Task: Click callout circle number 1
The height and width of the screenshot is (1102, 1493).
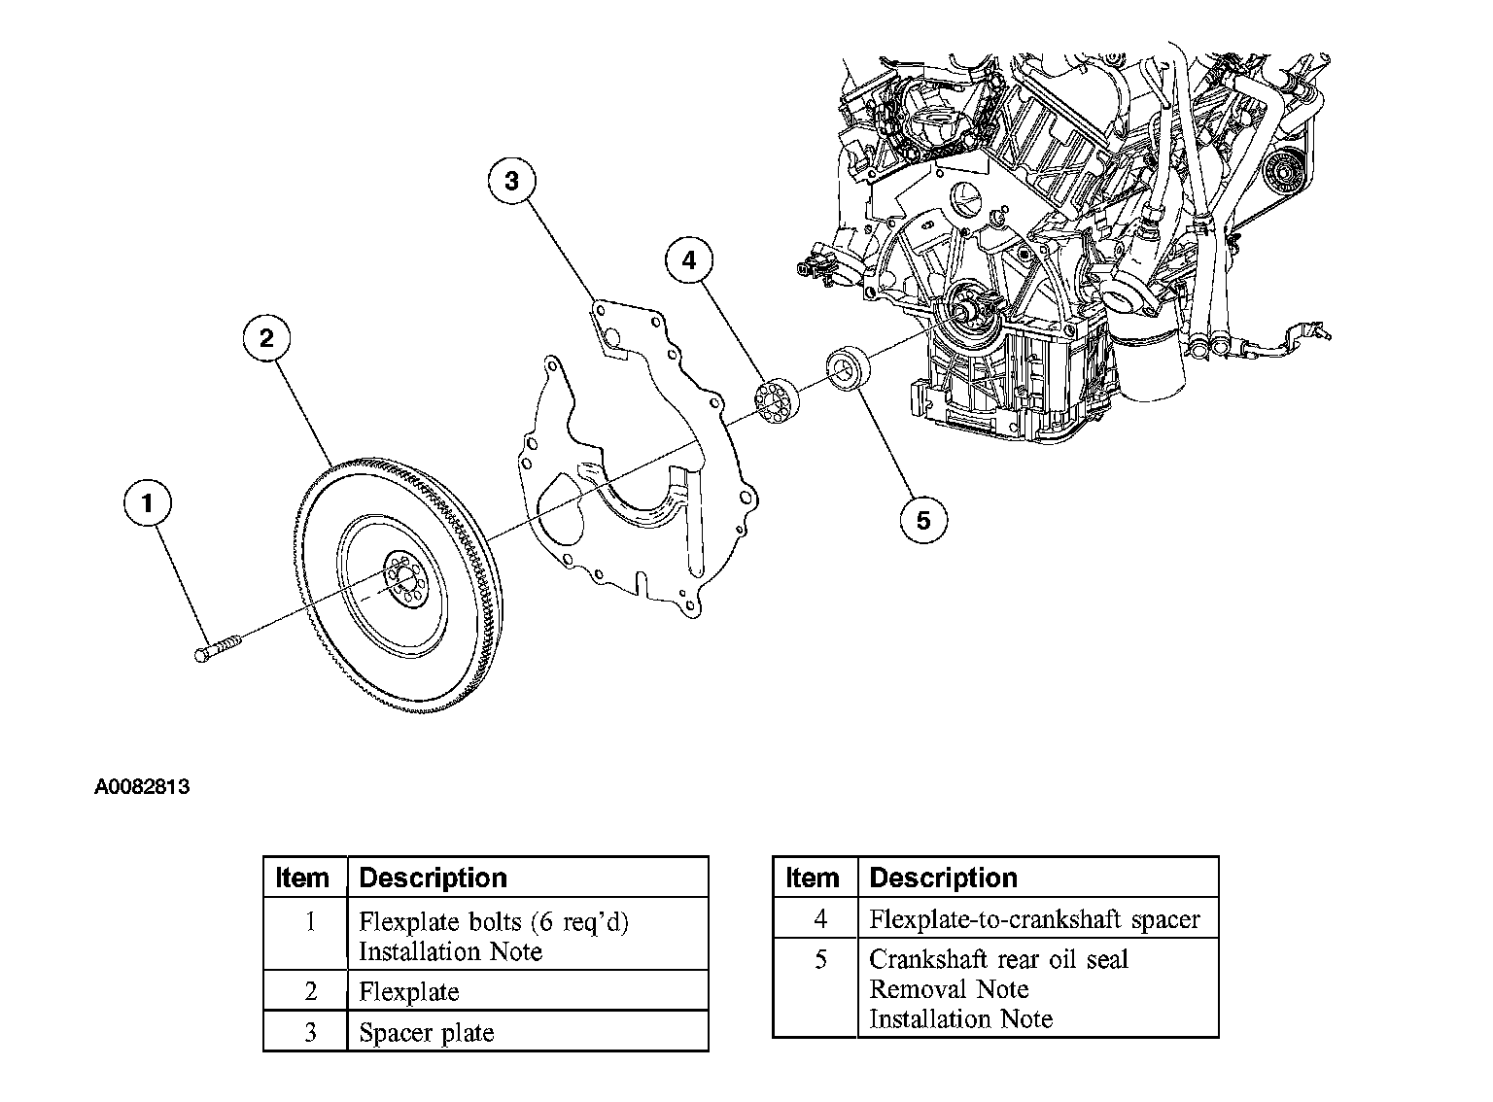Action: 148,503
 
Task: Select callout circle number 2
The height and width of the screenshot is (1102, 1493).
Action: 266,338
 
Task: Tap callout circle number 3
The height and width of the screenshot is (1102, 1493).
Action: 512,181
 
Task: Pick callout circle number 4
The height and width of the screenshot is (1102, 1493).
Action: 689,260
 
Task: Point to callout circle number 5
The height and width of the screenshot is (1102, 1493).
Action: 922,521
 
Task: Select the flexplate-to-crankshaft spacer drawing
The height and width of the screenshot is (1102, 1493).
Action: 776,401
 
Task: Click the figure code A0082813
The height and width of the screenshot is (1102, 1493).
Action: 142,787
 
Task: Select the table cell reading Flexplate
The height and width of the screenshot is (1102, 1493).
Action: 408,992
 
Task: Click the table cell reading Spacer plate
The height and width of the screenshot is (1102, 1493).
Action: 426,1032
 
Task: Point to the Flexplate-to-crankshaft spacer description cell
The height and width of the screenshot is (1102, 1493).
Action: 1034,918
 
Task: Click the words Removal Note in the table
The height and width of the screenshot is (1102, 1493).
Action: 949,989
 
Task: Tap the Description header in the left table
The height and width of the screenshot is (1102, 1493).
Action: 433,878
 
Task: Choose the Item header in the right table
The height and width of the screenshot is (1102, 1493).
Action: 812,878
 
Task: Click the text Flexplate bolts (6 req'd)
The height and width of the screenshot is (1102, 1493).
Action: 494,921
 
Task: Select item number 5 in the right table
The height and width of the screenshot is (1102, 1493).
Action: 820,960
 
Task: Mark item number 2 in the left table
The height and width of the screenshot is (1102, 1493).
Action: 310,992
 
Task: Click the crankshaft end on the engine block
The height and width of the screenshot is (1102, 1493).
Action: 969,310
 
